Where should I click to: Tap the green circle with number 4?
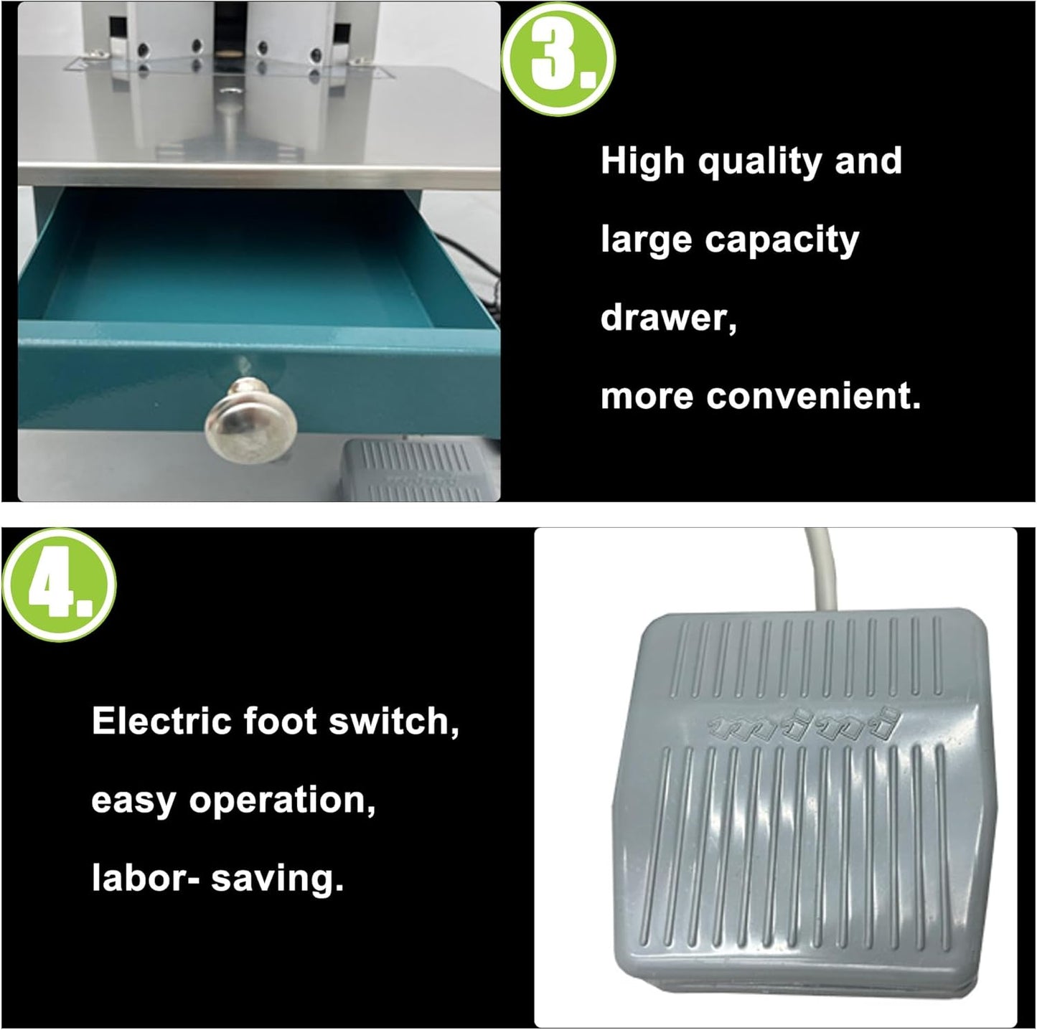tap(59, 585)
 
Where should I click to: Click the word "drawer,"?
tap(668, 317)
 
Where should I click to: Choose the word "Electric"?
tap(161, 721)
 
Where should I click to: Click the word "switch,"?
tap(394, 722)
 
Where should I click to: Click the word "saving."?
tap(277, 879)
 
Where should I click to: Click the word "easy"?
tap(133, 800)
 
